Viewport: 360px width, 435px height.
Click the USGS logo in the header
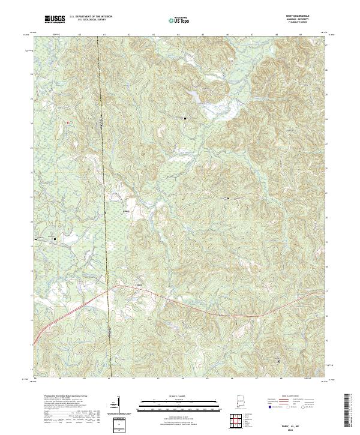point(55,20)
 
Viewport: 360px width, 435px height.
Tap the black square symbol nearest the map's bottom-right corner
point(278,361)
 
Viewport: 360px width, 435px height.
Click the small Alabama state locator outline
point(241,401)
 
